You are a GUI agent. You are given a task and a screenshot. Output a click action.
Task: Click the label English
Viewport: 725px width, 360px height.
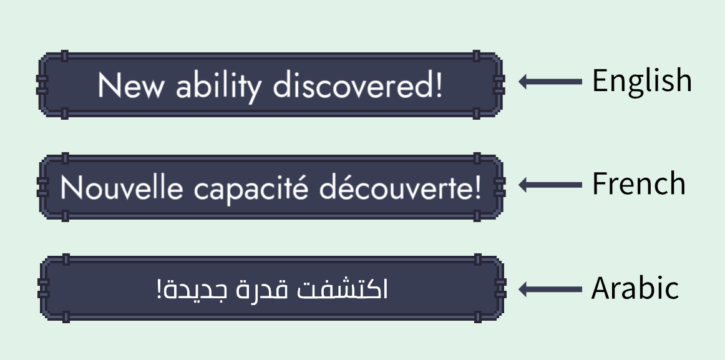(641, 81)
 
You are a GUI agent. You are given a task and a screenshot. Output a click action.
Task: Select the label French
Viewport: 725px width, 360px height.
(638, 184)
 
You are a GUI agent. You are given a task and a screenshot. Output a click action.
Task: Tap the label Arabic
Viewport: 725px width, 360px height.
(635, 288)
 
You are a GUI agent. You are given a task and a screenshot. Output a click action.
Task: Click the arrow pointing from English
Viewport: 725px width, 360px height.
(550, 81)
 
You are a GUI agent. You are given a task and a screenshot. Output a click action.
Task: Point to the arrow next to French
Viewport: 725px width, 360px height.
(550, 185)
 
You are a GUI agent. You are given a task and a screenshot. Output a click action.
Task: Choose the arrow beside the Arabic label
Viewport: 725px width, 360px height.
(550, 289)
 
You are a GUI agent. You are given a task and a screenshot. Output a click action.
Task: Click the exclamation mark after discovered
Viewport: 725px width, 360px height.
(437, 86)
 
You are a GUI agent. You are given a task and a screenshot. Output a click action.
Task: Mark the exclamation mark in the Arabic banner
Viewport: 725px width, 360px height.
(160, 290)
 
